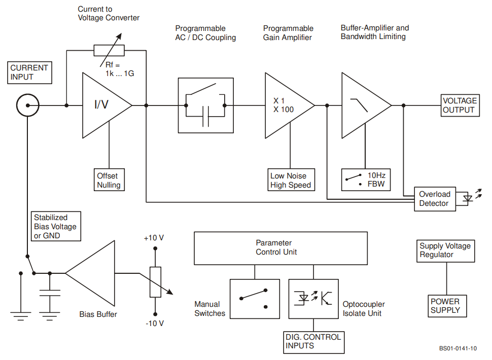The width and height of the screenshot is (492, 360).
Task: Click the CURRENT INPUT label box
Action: pos(29,73)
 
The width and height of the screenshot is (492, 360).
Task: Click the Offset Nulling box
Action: pos(109,181)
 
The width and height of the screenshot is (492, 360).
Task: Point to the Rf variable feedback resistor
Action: pos(109,50)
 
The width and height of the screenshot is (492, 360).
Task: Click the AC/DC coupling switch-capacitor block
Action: pos(206,105)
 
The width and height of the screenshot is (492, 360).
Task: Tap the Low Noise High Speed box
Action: pos(291,181)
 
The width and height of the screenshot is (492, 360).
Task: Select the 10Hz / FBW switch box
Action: pos(366,179)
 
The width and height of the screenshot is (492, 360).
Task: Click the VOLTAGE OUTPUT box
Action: pos(460,105)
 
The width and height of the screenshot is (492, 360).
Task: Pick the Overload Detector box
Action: pos(434,199)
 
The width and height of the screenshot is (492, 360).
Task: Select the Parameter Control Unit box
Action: pos(280,248)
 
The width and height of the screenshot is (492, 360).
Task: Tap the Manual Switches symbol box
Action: pos(255,299)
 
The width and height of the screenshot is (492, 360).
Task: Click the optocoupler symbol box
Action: pos(313,299)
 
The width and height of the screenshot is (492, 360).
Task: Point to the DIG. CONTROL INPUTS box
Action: pos(313,342)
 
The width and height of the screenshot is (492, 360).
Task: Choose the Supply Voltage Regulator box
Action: pos(445,250)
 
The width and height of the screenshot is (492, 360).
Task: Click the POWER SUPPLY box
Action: pos(445,306)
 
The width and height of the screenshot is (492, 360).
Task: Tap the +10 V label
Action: pos(154,238)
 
